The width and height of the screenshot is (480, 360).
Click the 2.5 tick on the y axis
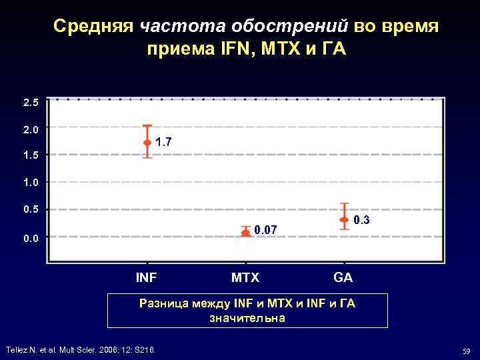[x=31, y=103]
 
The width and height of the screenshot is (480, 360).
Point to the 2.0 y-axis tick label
[x=31, y=129]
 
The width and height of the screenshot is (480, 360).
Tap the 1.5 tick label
[x=31, y=155]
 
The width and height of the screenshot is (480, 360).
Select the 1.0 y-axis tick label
[x=31, y=182]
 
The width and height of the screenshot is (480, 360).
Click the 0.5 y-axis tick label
[x=31, y=209]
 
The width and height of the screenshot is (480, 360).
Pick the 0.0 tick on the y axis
[x=31, y=238]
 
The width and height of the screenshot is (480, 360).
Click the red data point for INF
[x=147, y=142]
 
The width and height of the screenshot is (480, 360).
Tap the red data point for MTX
[x=245, y=232]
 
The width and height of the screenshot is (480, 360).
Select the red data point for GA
[x=344, y=219]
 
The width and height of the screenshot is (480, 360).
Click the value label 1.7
[x=163, y=141]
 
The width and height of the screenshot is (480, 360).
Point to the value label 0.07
[x=265, y=231]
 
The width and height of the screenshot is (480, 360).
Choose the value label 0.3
[x=361, y=220]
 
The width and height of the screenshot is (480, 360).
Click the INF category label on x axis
[x=147, y=277]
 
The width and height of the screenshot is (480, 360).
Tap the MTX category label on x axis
[x=245, y=277]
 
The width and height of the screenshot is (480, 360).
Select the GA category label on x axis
[x=343, y=277]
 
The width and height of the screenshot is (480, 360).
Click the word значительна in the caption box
[x=247, y=318]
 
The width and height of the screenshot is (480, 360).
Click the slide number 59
[x=464, y=351]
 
